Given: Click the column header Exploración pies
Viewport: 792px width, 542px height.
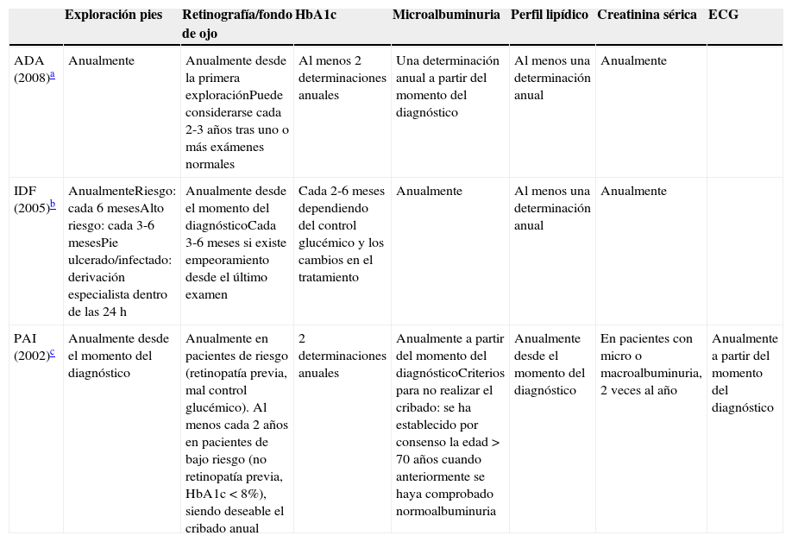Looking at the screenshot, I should click(113, 16).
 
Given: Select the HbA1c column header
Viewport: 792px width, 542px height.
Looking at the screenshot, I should click(316, 16).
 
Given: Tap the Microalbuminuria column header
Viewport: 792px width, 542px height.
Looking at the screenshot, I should click(446, 16).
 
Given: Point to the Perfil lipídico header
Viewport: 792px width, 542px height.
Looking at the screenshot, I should click(550, 16).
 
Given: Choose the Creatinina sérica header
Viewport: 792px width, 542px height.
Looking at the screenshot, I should click(647, 16).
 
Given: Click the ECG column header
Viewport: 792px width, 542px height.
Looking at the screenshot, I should click(723, 16).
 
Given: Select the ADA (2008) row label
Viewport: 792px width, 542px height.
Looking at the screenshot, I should click(32, 69).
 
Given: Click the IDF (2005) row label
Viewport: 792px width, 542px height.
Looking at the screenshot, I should click(32, 199).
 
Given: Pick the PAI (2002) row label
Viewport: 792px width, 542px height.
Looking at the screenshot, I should click(32, 347).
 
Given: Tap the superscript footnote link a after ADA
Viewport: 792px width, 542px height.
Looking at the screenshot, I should click(52, 75).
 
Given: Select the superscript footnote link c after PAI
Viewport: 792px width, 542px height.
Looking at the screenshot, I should click(52, 352).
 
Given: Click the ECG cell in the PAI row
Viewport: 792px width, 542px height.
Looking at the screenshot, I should click(745, 373).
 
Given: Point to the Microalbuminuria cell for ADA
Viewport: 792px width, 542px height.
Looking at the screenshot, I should click(447, 86).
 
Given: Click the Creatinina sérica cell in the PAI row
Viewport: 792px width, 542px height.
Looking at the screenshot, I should click(651, 364).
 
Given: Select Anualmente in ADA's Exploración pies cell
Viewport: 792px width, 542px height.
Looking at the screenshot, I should click(101, 61).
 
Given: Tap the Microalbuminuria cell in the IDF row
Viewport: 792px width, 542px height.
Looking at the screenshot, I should click(429, 191).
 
